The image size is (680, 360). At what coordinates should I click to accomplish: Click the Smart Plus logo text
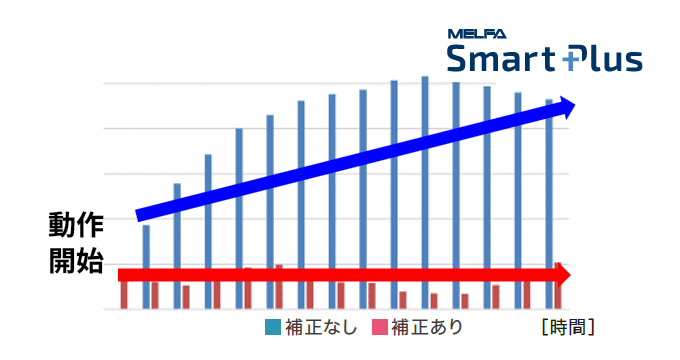tap(544, 59)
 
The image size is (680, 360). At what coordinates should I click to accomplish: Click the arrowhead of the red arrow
tap(565, 274)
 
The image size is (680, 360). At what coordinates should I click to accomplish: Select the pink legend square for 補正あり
tap(379, 327)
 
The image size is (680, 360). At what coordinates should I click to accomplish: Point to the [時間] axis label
tap(567, 327)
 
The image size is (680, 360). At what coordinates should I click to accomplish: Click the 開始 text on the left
tap(76, 262)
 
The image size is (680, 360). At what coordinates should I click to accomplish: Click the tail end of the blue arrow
tap(140, 215)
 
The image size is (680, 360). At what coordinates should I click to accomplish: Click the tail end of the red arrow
tap(123, 274)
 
